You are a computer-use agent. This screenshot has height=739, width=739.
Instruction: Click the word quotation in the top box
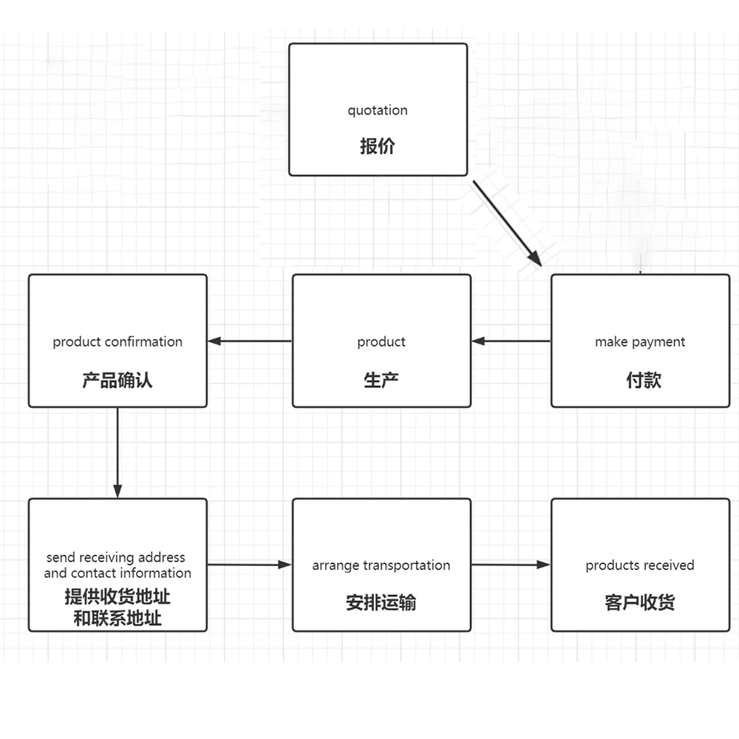377,111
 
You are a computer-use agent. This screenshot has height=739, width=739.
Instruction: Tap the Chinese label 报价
377,146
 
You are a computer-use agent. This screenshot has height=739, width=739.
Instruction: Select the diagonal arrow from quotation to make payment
507,222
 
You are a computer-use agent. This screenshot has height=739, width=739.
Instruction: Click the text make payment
639,342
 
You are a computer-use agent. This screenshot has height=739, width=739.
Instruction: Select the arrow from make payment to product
511,341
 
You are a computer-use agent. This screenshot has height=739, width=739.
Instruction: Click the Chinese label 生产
381,381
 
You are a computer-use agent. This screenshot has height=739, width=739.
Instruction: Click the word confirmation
143,342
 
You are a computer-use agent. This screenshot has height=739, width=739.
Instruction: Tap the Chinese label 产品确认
118,381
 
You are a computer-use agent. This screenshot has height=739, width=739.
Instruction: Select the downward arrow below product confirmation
118,452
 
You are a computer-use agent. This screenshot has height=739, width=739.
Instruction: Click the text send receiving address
115,557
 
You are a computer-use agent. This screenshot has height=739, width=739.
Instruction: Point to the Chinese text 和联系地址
118,619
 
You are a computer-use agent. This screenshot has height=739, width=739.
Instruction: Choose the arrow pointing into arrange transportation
249,565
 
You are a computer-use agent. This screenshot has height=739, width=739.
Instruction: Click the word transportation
406,565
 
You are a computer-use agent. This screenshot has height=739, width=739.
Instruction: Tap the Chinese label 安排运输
381,602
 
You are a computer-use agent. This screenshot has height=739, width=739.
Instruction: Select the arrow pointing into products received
511,565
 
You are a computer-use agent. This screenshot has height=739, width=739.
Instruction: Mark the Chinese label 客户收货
640,602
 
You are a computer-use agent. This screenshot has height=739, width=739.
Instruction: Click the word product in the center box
381,342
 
